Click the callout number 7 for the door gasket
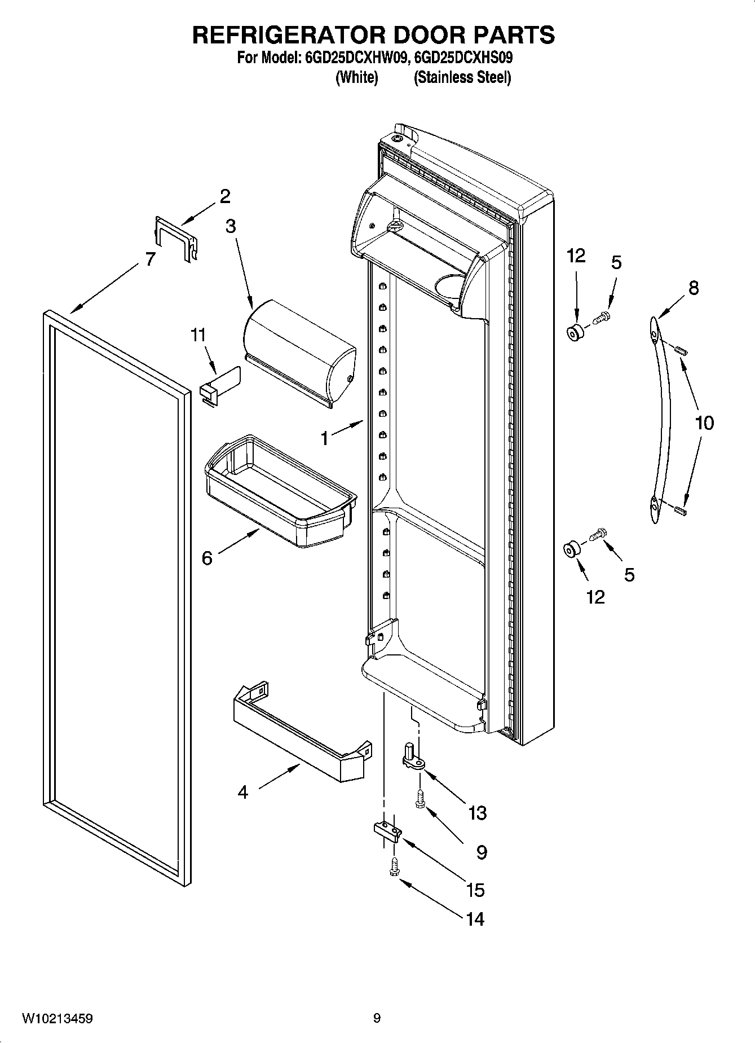coord(149,259)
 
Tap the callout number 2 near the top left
coord(225,196)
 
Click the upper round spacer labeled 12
coord(575,333)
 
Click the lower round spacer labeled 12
coord(572,549)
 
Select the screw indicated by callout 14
coord(394,868)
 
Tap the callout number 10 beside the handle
coord(704,423)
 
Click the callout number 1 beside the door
coord(324,438)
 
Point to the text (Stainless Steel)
coord(462,77)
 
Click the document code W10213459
coord(58,1018)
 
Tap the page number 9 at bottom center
coord(377,1018)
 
